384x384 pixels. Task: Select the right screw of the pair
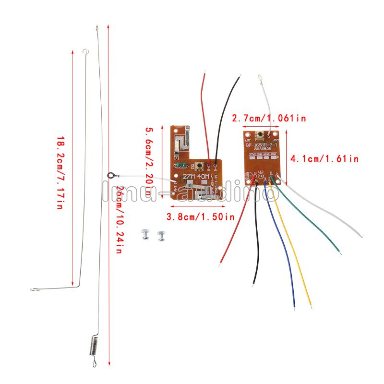tap(161, 236)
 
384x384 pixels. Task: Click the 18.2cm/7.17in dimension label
tap(60, 173)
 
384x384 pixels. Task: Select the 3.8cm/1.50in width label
tap(200, 216)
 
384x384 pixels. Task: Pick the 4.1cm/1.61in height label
tap(325, 158)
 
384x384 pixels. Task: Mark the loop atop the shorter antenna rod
tap(85, 50)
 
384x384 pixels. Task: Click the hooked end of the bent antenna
tap(34, 289)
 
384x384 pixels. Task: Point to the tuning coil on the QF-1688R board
tap(259, 135)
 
